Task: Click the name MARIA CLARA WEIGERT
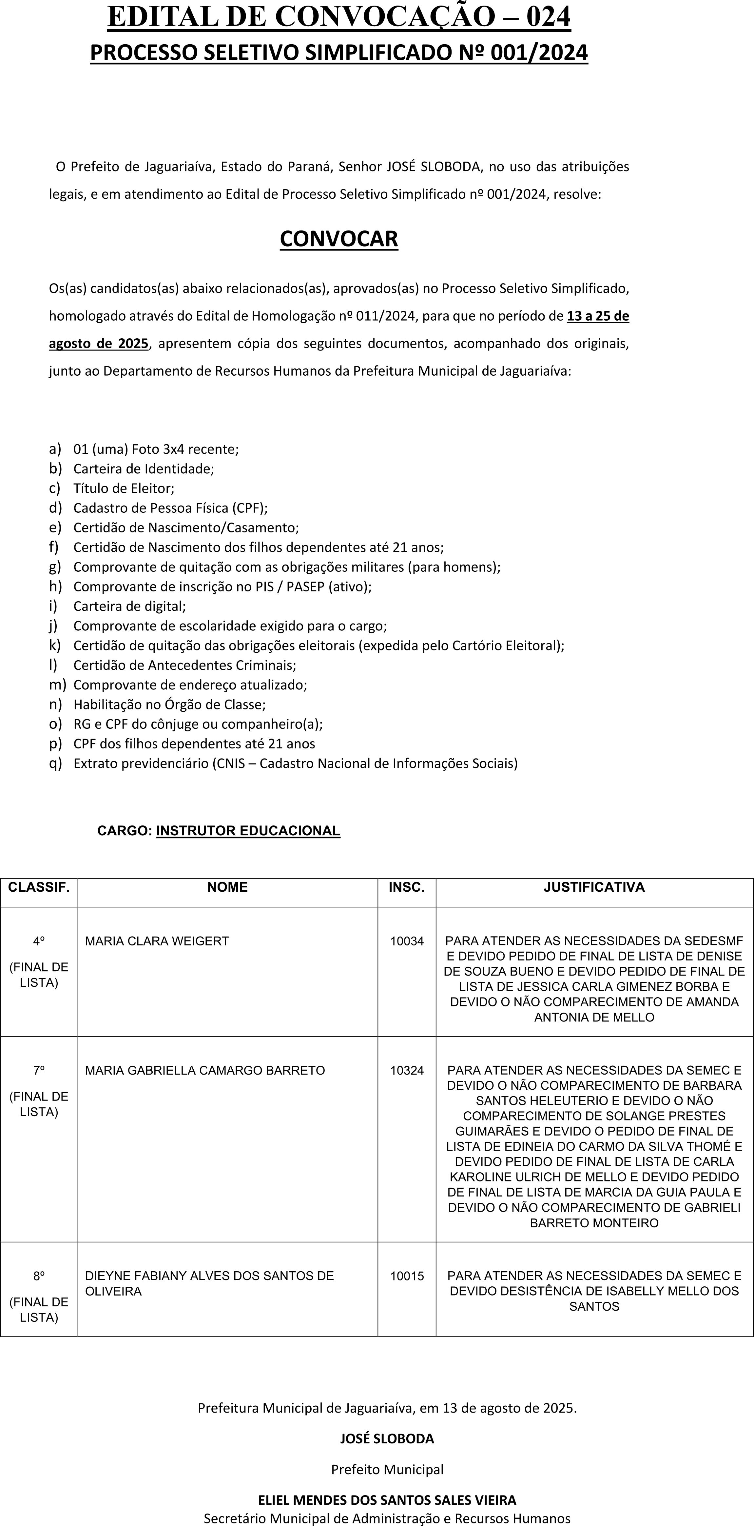[157, 941]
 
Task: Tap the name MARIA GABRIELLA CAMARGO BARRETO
[205, 1070]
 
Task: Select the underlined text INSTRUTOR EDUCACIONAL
[248, 831]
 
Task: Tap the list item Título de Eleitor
[124, 488]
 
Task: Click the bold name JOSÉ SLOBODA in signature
[387, 1438]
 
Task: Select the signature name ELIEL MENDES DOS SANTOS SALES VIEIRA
[387, 1500]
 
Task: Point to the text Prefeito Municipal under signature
[387, 1469]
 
